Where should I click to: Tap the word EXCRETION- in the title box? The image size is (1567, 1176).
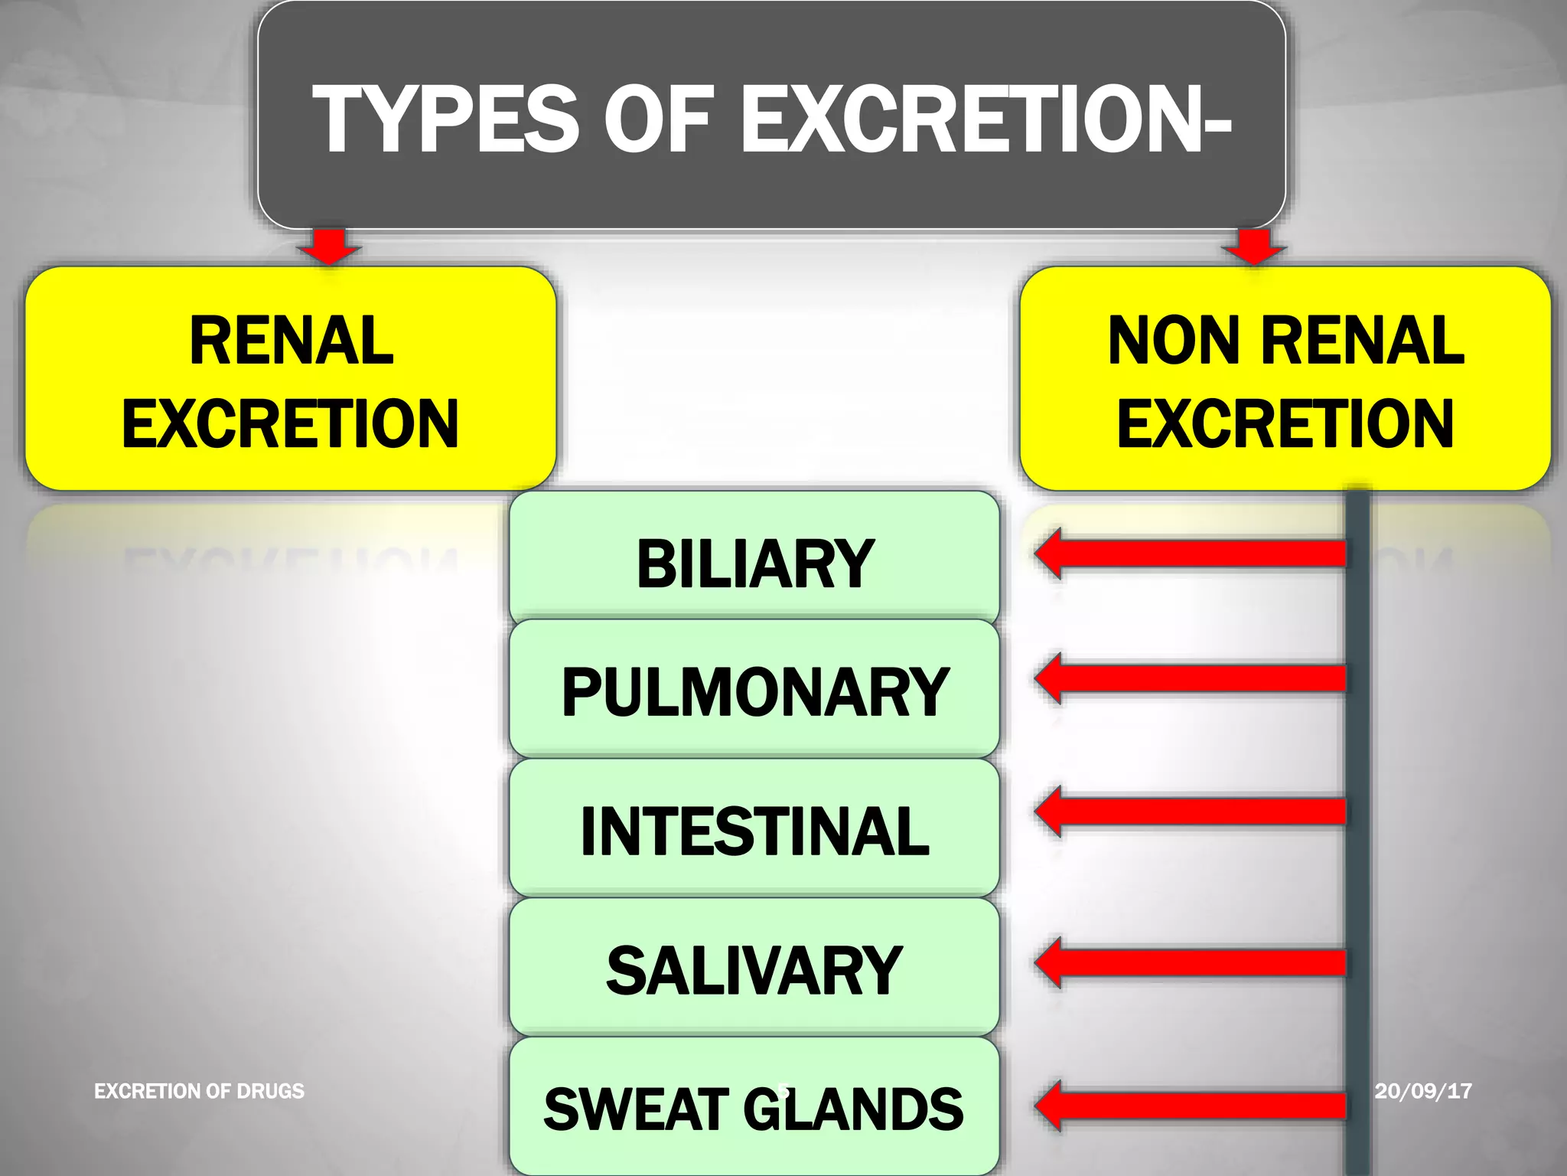pos(986,119)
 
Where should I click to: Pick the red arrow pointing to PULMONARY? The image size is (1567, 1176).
pos(1191,678)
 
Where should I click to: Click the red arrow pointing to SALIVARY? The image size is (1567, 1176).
pos(1191,962)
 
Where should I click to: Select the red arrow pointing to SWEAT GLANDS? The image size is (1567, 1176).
pos(1191,1106)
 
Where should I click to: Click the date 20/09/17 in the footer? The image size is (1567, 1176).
pos(1422,1090)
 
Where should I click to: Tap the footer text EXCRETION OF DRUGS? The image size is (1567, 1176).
pos(199,1090)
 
